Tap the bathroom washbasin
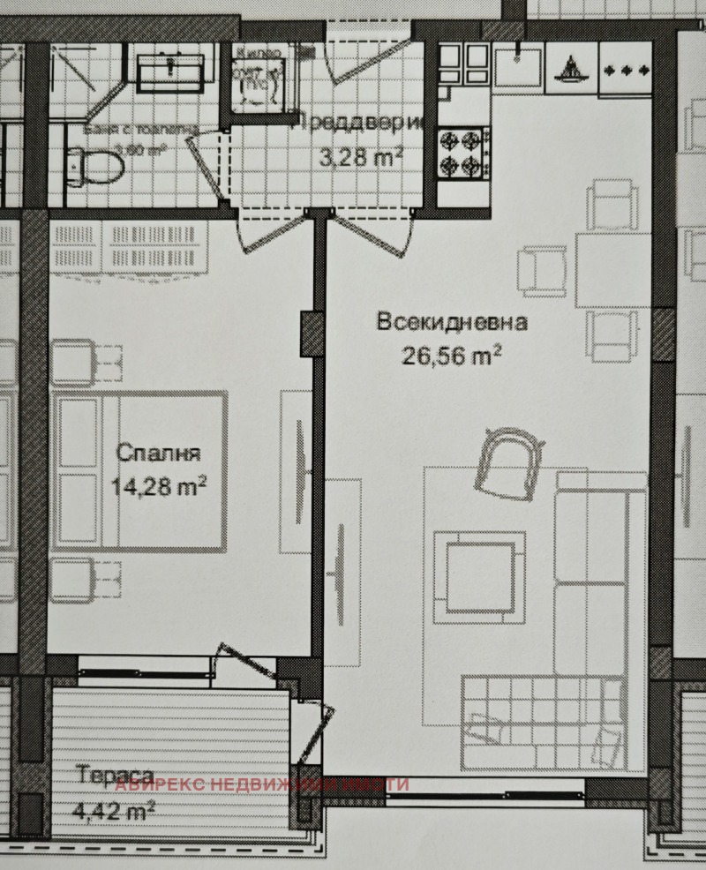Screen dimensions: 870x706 170,69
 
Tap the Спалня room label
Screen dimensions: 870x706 159,454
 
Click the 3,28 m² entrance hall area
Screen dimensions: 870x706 361,159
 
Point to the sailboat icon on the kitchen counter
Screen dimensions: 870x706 572,67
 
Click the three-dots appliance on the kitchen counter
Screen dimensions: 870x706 626,67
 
